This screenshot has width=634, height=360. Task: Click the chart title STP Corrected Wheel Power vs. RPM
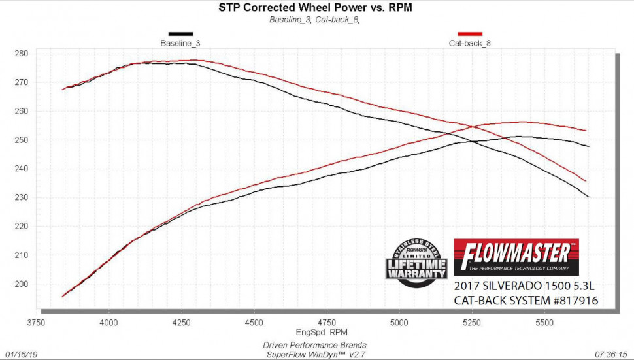coord(315,8)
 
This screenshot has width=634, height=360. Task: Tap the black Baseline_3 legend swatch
coord(180,33)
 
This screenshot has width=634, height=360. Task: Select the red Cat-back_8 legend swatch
coord(470,33)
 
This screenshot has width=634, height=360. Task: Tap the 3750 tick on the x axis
coord(37,322)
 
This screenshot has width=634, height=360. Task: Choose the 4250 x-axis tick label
coord(182,322)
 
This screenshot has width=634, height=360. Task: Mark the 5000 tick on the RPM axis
coord(399,322)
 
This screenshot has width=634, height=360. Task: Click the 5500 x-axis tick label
coord(544,322)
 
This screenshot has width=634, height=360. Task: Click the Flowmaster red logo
coord(516,257)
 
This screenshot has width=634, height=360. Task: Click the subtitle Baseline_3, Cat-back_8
coord(315,19)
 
